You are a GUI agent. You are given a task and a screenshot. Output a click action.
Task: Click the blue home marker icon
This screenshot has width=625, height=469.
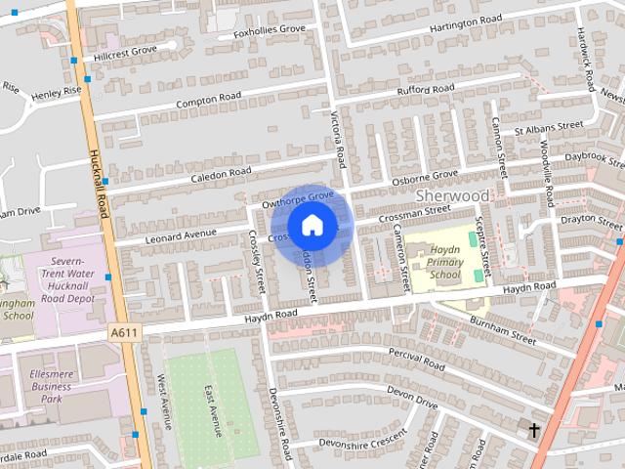(x=312, y=226)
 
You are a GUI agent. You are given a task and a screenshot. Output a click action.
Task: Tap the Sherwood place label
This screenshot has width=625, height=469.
(x=452, y=195)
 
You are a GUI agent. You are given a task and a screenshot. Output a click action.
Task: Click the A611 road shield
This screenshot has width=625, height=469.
(x=123, y=333)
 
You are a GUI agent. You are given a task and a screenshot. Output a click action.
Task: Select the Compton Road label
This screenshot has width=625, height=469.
(x=207, y=100)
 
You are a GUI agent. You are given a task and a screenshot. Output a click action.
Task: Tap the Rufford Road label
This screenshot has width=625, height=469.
(x=425, y=92)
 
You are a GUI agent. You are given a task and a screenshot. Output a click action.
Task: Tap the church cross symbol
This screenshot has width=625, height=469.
(x=534, y=430)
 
